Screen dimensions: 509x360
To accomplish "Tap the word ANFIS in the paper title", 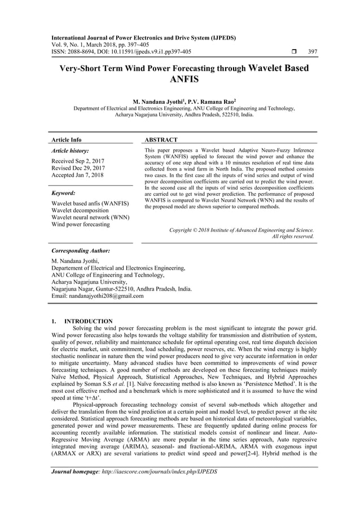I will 179,80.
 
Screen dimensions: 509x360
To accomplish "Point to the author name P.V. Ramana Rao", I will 203,102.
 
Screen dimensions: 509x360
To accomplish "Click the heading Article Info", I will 67,139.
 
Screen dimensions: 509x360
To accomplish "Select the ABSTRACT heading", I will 161,139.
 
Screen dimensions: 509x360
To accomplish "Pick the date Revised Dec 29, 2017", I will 78,168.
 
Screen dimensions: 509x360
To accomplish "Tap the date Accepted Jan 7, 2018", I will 78,175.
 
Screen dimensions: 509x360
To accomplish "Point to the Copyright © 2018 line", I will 242,230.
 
